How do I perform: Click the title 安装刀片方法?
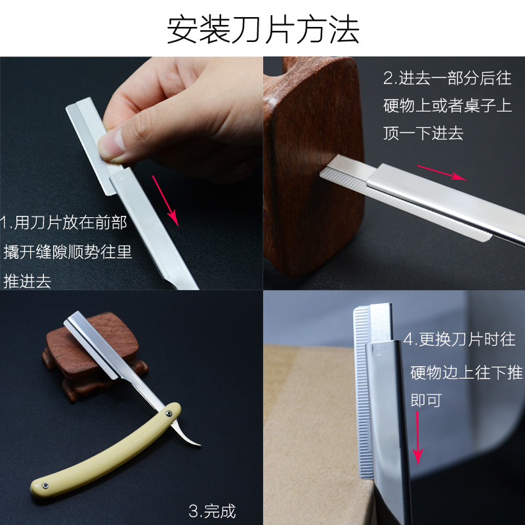pyautogui.click(x=262, y=30)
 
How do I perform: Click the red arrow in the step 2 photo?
pyautogui.click(x=442, y=172)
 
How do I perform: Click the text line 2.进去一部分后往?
pyautogui.click(x=448, y=77)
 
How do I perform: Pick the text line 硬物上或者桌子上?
pyautogui.click(x=448, y=106)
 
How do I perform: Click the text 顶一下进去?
pyautogui.click(x=423, y=134)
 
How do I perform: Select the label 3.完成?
pyautogui.click(x=212, y=511)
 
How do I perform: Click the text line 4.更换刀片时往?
pyautogui.click(x=459, y=340)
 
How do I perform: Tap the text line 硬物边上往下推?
pyautogui.click(x=466, y=373)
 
